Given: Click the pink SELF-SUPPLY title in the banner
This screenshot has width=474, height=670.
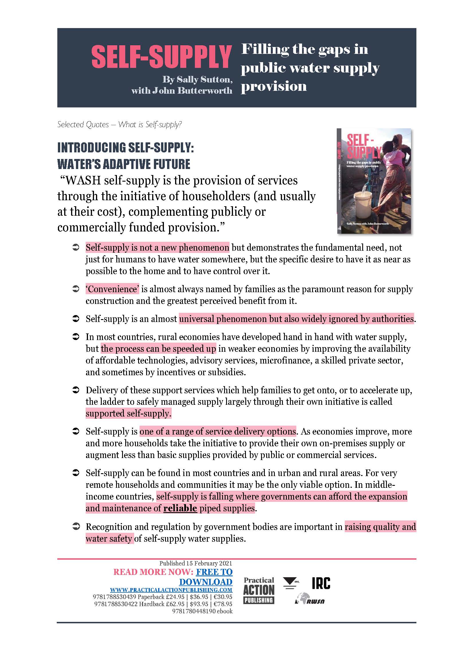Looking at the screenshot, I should (x=161, y=57).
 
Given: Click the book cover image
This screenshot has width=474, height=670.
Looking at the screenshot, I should (x=374, y=181).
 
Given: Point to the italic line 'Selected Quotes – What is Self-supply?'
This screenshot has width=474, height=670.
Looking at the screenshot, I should (x=120, y=125).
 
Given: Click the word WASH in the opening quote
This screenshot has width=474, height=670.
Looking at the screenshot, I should (x=83, y=181).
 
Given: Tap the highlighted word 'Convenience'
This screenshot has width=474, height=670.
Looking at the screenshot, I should (x=112, y=289).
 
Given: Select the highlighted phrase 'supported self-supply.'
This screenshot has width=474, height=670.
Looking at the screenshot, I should (x=128, y=413).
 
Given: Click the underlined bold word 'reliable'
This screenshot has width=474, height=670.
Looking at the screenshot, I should (x=180, y=508).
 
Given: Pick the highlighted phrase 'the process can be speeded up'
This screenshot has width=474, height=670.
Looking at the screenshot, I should (x=158, y=349).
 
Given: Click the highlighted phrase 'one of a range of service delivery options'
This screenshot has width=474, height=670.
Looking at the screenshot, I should (x=218, y=431).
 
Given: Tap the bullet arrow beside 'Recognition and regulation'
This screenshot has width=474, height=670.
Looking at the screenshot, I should (x=76, y=527).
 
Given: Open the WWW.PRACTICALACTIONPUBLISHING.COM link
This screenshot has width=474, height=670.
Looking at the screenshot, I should (x=171, y=590).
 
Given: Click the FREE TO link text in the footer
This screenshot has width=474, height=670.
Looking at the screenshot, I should (x=214, y=572).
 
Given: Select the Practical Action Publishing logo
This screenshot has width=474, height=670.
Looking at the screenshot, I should (x=258, y=590).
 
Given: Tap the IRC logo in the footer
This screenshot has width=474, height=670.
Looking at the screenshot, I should (x=321, y=583).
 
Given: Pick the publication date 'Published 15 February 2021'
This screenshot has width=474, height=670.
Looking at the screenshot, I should (x=195, y=563).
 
